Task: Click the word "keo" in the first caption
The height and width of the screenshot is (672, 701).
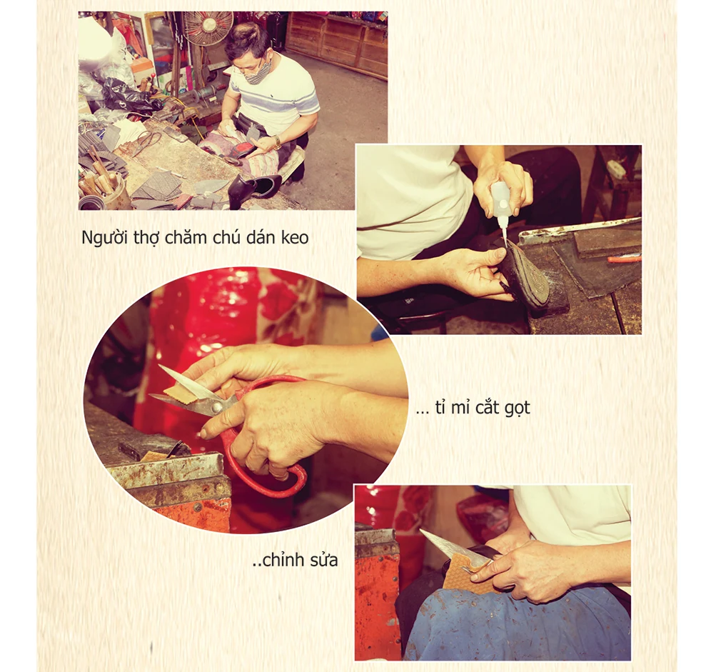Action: (x=295, y=237)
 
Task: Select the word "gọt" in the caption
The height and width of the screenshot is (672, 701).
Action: (x=517, y=408)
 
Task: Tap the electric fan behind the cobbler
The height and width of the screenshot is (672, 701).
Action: (x=208, y=26)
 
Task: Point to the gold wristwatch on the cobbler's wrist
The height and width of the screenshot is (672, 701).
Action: (x=277, y=143)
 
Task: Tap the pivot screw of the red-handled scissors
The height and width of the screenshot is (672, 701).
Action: (x=217, y=407)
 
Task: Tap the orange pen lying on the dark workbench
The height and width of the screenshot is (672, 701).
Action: (x=624, y=258)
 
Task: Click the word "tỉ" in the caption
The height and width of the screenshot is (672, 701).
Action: (x=439, y=407)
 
